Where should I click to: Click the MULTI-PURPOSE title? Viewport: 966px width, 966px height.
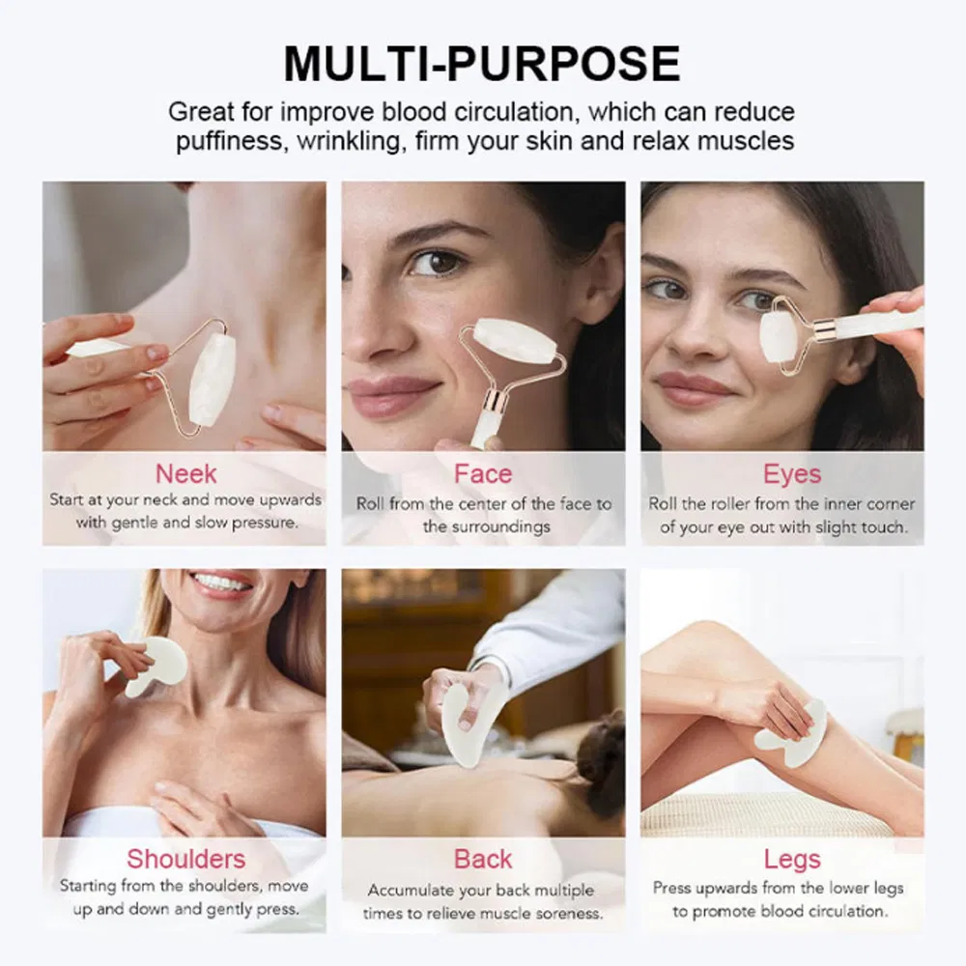pos(482,63)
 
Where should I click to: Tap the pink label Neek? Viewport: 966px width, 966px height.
pos(186,474)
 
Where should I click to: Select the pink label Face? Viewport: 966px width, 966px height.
pos(483,474)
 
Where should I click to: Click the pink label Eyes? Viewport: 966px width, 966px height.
pos(792,474)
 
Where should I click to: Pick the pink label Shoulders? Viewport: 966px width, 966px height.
pos(186,858)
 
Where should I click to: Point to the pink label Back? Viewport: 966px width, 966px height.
pos(483,858)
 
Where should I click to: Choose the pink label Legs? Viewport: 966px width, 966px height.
pos(792,858)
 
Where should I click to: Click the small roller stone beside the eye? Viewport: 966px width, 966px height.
pos(779,335)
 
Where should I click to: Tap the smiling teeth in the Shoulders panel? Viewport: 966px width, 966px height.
pos(221,583)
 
